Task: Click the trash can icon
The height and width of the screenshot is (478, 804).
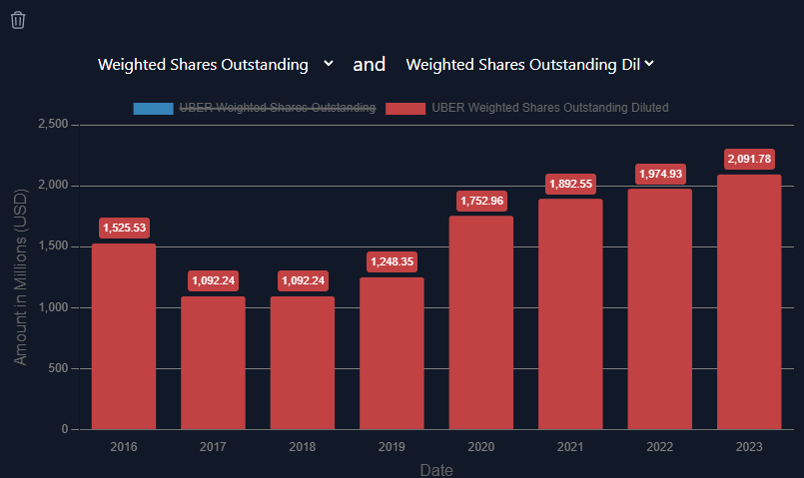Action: pos(18,20)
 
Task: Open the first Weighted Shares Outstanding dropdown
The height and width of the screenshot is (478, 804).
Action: pos(215,65)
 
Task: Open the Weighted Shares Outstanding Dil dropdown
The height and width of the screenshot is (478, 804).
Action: pos(529,65)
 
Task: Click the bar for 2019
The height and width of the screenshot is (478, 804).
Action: pos(392,353)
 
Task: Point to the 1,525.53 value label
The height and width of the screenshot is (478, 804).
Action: pos(124,228)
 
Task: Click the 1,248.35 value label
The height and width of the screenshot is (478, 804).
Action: pos(392,261)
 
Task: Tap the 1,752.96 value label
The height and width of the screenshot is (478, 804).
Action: pos(481,201)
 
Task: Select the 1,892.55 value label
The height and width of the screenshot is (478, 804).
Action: pos(570,184)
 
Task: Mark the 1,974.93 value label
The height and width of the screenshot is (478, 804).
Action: pos(660,174)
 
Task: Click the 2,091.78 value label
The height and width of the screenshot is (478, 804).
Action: pos(749,159)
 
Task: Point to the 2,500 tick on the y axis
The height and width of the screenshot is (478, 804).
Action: pos(52,125)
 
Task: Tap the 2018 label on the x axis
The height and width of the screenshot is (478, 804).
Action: pos(303,446)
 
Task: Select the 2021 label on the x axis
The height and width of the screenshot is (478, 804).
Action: pos(570,446)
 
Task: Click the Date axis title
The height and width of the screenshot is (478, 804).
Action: pos(436,469)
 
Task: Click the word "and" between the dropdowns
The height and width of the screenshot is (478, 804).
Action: pos(370,65)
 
